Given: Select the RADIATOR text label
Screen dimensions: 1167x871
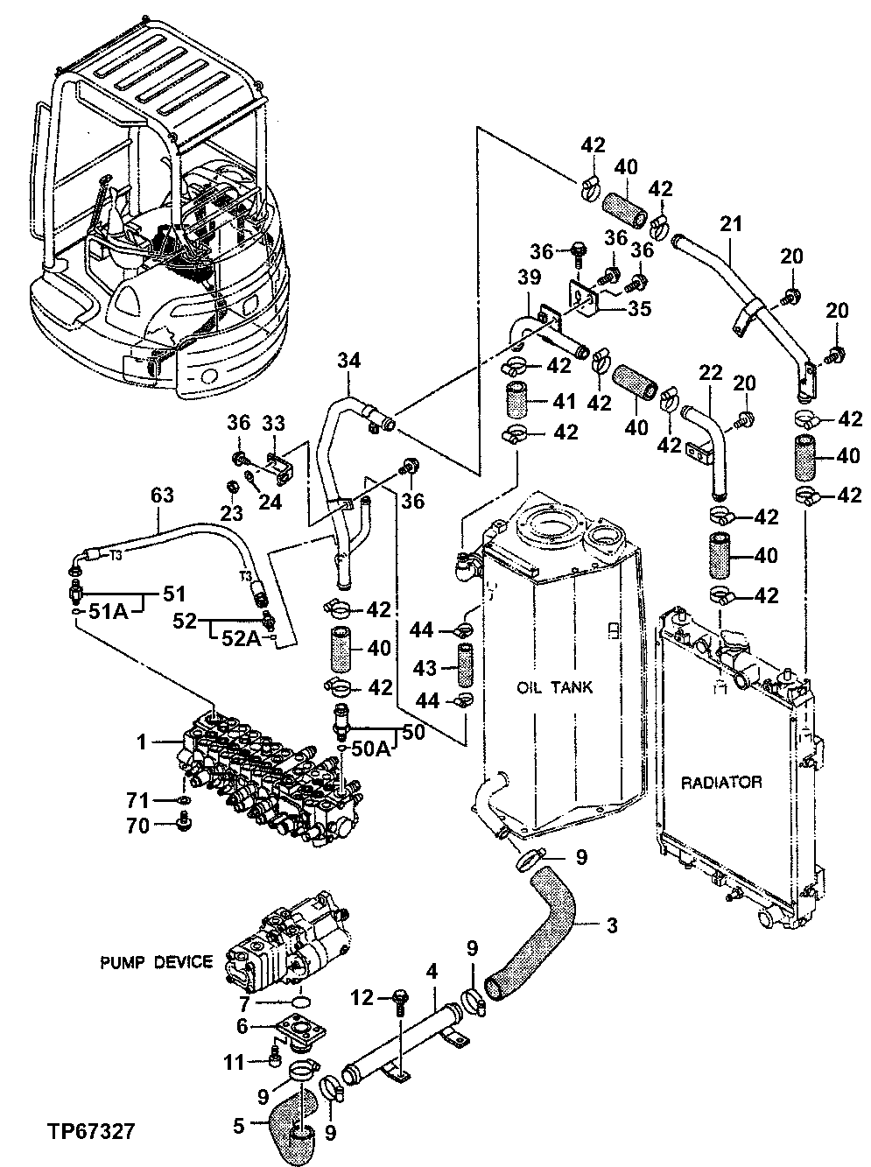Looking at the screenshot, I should pyautogui.click(x=720, y=782).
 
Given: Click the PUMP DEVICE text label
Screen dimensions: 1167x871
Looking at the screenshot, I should pyautogui.click(x=155, y=962).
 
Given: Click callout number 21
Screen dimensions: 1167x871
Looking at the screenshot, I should pyautogui.click(x=730, y=224).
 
